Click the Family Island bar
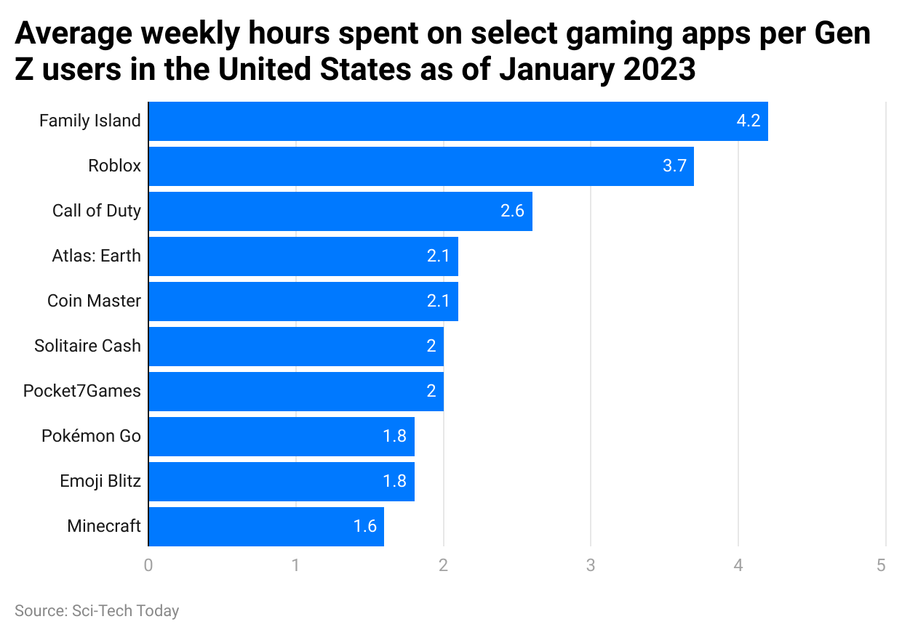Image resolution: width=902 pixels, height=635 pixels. pos(458,121)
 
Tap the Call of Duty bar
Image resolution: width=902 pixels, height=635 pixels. pos(340,211)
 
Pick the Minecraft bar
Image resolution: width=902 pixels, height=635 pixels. pos(266,527)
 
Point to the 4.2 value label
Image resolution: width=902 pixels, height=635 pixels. pos(748,121)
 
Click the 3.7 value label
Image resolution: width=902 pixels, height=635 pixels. pos(674,166)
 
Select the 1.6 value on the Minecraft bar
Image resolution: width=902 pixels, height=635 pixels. pos(364,527)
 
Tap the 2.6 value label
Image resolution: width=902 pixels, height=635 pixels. pos(512,211)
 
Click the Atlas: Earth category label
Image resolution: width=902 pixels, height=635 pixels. pos(96,256)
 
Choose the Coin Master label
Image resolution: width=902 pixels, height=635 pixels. pos(94,301)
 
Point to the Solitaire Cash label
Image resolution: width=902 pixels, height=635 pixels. pos(87,346)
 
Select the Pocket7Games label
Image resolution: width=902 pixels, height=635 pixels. pos(81,391)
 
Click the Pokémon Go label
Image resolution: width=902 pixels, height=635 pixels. pos(91,436)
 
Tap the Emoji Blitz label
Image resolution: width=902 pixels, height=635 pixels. pos(100,481)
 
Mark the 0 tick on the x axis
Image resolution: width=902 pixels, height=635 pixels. pos(148,565)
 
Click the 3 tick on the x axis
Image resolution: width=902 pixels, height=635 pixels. pos(591,565)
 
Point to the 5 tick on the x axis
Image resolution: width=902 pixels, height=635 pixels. pos(881,565)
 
